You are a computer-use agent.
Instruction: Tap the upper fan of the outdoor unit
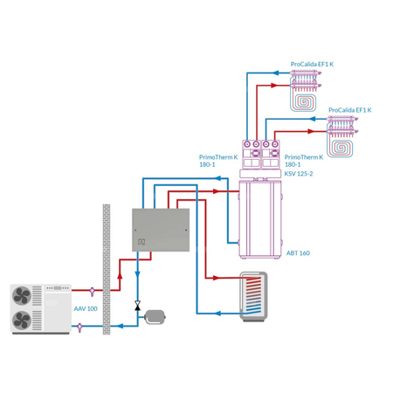pyautogui.click(x=22, y=296)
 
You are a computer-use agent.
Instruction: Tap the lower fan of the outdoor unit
pyautogui.click(x=22, y=320)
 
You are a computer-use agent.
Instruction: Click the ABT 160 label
pyautogui.click(x=298, y=253)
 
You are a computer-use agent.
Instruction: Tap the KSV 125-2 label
pyautogui.click(x=299, y=174)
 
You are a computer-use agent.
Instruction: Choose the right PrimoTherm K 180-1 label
pyautogui.click(x=304, y=160)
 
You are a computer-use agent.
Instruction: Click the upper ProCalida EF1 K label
pyautogui.click(x=312, y=64)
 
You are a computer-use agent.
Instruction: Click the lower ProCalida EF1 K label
pyautogui.click(x=349, y=110)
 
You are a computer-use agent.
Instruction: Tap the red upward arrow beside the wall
pyautogui.click(x=120, y=275)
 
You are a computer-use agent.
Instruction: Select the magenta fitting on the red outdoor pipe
pyautogui.click(x=92, y=289)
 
